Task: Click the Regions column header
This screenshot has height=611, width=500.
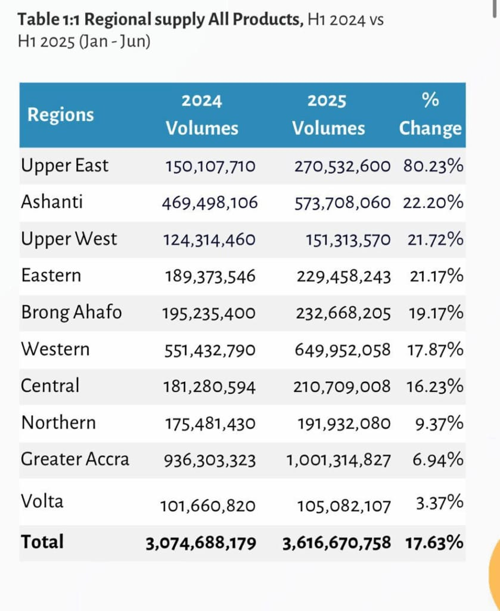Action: (x=60, y=115)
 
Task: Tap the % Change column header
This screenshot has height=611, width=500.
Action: (x=430, y=115)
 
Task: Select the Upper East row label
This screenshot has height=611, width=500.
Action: (x=65, y=165)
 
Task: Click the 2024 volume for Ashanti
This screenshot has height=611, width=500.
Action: (x=210, y=203)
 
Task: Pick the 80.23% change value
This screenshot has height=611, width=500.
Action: (x=433, y=166)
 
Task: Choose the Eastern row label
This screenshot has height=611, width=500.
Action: (x=51, y=276)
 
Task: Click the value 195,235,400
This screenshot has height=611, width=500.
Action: (x=209, y=313)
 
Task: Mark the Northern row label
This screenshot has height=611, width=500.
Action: (x=58, y=423)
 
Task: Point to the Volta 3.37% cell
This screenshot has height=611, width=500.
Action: (x=439, y=503)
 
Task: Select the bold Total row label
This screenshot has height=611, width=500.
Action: (x=42, y=542)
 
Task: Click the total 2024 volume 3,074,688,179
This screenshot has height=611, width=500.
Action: (x=201, y=543)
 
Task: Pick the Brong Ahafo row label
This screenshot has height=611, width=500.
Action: (x=72, y=313)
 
